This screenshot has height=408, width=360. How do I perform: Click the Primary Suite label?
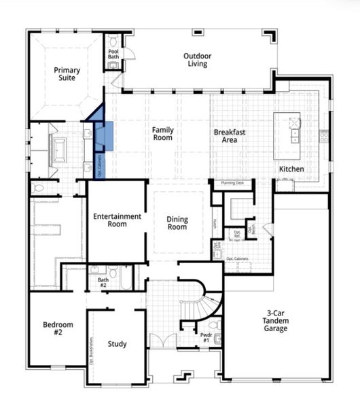[67, 74]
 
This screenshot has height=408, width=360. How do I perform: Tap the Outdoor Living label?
[196, 60]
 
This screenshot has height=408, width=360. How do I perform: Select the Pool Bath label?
[113, 54]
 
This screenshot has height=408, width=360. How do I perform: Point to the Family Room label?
[162, 133]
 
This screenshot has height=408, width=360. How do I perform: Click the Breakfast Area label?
[229, 136]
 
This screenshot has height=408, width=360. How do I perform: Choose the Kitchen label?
[291, 169]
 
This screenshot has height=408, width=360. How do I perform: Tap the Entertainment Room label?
[118, 220]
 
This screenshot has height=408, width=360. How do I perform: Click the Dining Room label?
[177, 223]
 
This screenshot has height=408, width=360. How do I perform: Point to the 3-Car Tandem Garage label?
[276, 321]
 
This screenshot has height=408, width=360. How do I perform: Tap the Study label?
[117, 344]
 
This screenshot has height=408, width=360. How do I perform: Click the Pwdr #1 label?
[206, 338]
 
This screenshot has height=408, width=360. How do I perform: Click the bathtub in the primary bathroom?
[58, 146]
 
